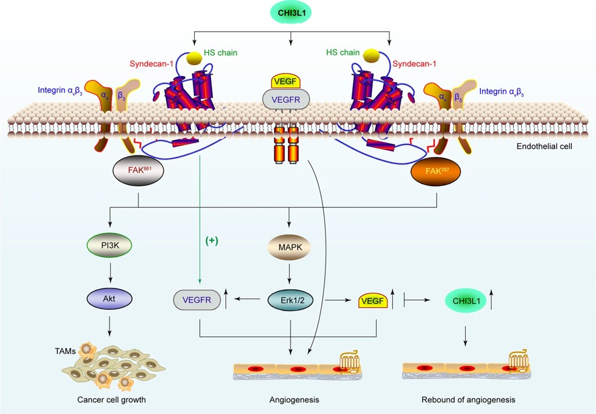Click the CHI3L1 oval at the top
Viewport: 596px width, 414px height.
coord(291,12)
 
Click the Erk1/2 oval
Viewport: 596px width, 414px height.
coord(291,299)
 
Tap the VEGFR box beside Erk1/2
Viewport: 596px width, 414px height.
coord(195,300)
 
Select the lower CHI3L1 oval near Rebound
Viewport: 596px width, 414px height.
coord(465,300)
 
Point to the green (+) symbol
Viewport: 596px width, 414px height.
coord(212,240)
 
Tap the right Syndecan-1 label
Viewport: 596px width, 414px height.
coord(414,64)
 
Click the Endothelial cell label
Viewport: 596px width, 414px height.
coord(544,146)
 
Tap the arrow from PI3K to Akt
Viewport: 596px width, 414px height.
coord(109,271)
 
